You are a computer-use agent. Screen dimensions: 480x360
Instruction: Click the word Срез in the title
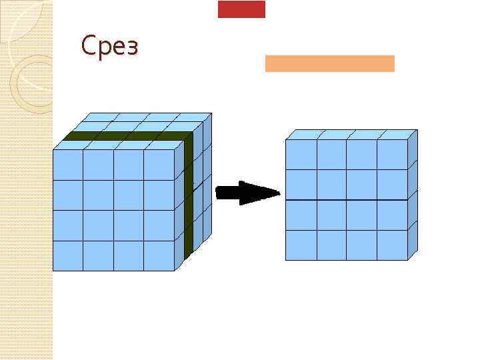[x=109, y=47]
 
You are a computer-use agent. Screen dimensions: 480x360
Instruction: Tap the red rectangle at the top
[x=241, y=9]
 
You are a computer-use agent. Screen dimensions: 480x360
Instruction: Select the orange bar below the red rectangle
[x=329, y=63]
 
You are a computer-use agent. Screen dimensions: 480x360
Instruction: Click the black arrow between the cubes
[x=247, y=193]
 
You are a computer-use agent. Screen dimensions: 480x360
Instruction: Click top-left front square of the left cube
[x=67, y=165]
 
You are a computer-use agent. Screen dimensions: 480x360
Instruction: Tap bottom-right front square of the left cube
[x=159, y=256]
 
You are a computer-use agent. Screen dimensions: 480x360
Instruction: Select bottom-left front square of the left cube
[x=67, y=256]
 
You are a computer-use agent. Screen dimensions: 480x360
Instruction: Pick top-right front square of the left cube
[x=159, y=165]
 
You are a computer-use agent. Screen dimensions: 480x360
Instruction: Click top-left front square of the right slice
[x=301, y=155]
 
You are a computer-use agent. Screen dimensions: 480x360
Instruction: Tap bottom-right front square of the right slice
[x=392, y=245]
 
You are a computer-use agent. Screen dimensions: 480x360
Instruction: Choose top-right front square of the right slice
[x=392, y=155]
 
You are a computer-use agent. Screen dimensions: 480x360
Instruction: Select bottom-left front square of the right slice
[x=301, y=245]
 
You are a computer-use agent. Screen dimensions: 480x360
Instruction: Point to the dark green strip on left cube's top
[x=127, y=136]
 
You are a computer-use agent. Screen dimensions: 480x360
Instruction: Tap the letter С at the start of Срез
[x=87, y=47]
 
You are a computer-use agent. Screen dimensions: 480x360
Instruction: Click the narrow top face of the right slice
[x=350, y=134]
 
